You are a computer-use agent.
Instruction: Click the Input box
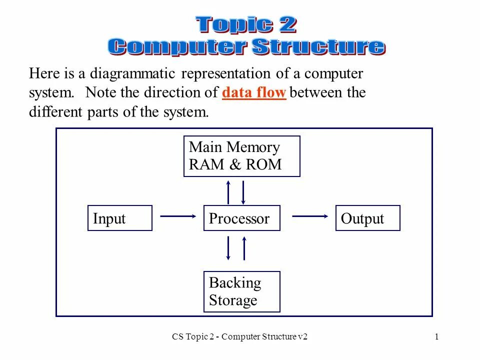pyautogui.click(x=119, y=218)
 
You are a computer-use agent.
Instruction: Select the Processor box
pyautogui.click(x=241, y=218)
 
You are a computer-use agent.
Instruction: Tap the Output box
pyautogui.click(x=367, y=218)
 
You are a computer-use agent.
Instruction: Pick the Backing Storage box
pyautogui.click(x=241, y=291)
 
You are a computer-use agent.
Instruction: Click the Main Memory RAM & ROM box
pyautogui.click(x=241, y=156)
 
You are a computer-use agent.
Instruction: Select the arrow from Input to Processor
pyautogui.click(x=178, y=216)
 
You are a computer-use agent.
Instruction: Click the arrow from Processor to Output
pyautogui.click(x=310, y=216)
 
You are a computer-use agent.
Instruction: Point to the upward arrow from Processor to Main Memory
pyautogui.click(x=228, y=192)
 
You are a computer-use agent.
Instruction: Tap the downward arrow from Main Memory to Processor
pyautogui.click(x=243, y=192)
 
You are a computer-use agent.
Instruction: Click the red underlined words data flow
pyautogui.click(x=254, y=93)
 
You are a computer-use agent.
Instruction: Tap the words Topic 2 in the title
pyautogui.click(x=246, y=24)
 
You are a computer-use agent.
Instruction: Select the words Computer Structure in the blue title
pyautogui.click(x=246, y=46)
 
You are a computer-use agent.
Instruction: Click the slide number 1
pyautogui.click(x=436, y=336)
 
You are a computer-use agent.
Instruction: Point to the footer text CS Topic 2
pyautogui.click(x=194, y=336)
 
